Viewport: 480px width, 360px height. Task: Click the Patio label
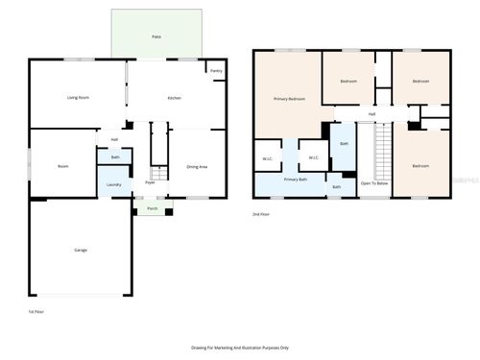click(156, 36)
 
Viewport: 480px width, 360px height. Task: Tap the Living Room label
click(78, 98)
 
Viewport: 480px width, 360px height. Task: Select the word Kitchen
click(175, 98)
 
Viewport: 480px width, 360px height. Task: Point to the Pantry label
click(216, 71)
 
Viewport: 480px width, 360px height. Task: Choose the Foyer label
click(150, 182)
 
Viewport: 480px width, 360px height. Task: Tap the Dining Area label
click(197, 167)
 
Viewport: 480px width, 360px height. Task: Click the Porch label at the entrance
click(152, 208)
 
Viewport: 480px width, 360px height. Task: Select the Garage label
click(81, 250)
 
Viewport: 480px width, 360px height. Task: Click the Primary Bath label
click(296, 180)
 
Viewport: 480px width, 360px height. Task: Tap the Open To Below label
click(374, 182)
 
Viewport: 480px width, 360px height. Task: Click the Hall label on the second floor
click(371, 115)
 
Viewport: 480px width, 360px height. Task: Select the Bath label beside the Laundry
click(115, 157)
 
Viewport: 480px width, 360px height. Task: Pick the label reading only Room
click(62, 166)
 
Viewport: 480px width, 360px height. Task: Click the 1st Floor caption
click(36, 312)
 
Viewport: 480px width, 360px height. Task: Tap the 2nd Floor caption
click(261, 215)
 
